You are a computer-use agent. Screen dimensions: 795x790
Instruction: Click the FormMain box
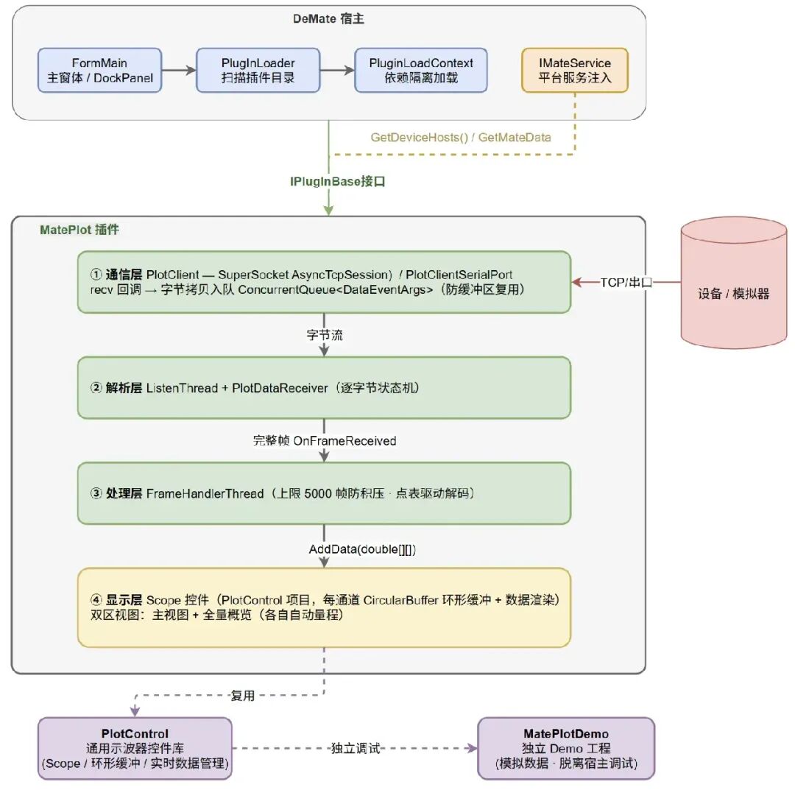[x=100, y=71]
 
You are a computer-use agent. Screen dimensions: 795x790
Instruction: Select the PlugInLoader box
[x=258, y=71]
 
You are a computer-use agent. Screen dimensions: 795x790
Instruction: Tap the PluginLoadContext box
[x=421, y=71]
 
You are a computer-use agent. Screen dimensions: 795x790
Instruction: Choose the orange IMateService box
[x=575, y=71]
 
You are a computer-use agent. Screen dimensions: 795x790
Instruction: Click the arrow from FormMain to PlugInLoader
[x=179, y=70]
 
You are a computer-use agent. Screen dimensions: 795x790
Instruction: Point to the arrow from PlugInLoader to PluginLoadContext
[x=337, y=70]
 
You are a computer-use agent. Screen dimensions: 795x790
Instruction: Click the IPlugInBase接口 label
[x=338, y=182]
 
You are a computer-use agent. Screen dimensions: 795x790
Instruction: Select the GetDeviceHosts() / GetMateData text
[x=460, y=138]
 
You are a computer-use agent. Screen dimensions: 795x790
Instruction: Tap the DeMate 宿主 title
[x=328, y=18]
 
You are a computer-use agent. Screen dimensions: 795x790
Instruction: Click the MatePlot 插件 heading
[x=79, y=230]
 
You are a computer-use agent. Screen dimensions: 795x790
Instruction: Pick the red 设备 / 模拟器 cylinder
[x=734, y=283]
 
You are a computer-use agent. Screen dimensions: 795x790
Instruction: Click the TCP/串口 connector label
[x=626, y=283]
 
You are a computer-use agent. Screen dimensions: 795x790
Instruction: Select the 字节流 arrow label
[x=325, y=335]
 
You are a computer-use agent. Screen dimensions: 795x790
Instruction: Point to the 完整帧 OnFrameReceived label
[x=325, y=440]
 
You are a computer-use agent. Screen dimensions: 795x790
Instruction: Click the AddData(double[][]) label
[x=362, y=549]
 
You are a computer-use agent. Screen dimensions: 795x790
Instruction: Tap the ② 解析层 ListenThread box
[x=324, y=388]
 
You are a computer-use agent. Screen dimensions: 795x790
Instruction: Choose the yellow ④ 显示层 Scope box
[x=324, y=607]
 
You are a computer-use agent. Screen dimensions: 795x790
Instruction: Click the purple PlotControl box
[x=135, y=749]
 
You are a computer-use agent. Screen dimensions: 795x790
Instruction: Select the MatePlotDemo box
[x=566, y=749]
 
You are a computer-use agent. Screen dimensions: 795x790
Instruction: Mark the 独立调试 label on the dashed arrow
[x=356, y=749]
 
